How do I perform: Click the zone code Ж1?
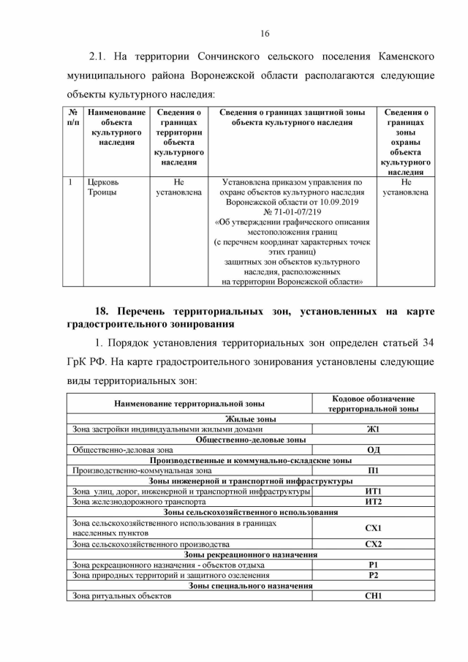click(373, 429)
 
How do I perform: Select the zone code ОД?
click(373, 450)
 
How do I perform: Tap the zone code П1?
click(373, 470)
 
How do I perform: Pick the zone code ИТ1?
click(373, 492)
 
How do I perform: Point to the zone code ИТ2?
click(373, 502)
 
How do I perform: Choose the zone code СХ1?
click(373, 528)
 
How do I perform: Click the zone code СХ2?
click(373, 544)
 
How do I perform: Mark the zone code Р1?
click(373, 565)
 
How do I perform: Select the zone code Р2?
click(373, 575)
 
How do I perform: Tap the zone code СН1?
click(373, 596)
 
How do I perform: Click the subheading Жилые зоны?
click(250, 419)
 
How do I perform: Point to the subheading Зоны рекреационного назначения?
click(250, 554)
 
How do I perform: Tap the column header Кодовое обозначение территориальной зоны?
click(373, 403)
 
